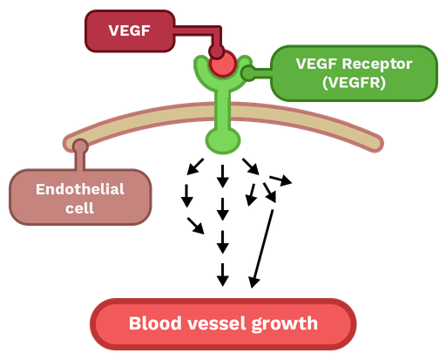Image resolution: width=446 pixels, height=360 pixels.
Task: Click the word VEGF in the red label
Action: pos(128,31)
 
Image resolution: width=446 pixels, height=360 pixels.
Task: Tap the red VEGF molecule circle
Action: pos(224,65)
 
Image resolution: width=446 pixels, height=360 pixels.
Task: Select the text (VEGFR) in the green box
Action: pos(354,84)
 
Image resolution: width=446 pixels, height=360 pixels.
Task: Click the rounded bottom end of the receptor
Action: pos(222,140)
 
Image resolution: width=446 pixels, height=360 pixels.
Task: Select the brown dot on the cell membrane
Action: pos(80,146)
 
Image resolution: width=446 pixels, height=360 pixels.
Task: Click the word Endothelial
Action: pos(80,189)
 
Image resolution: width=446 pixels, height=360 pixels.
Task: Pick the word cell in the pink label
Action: pos(80,208)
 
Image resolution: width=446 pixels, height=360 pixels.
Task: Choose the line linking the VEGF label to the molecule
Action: pos(193,31)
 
